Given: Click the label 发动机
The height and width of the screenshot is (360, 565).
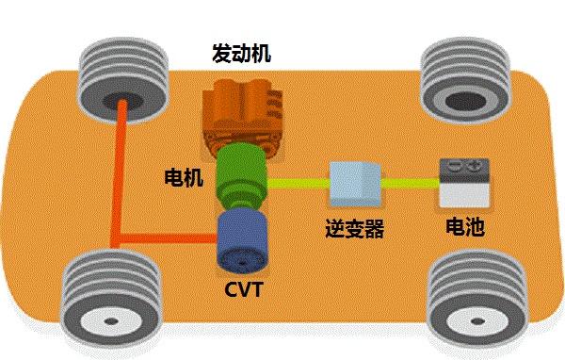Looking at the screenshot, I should pyautogui.click(x=240, y=54).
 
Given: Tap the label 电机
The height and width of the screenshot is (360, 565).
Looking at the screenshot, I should pyautogui.click(x=183, y=176).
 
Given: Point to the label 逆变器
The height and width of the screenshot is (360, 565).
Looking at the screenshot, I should pyautogui.click(x=353, y=229).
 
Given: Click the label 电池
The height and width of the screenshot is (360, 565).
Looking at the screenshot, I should pyautogui.click(x=463, y=228).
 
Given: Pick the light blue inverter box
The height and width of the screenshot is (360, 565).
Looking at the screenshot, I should pyautogui.click(x=354, y=183).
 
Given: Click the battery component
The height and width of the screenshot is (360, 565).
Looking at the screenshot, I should pyautogui.click(x=463, y=185).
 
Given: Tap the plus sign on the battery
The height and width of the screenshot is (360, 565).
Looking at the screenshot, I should pyautogui.click(x=475, y=166).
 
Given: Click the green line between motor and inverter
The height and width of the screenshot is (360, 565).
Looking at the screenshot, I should pyautogui.click(x=298, y=181).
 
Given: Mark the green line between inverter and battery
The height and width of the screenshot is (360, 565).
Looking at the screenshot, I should pyautogui.click(x=410, y=182).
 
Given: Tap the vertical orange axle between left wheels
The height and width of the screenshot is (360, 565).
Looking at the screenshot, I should pyautogui.click(x=121, y=179).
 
